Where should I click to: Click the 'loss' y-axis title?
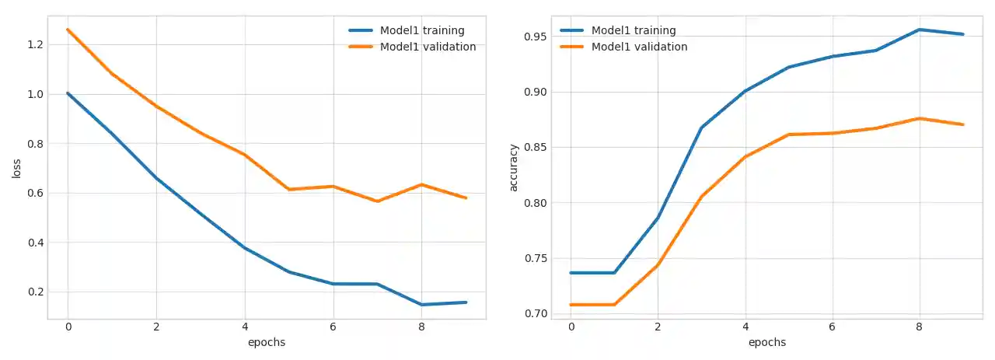click(x=16, y=168)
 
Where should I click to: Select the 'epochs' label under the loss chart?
click(x=267, y=342)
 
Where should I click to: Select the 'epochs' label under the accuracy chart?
click(x=767, y=342)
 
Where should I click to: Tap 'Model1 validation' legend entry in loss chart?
click(x=427, y=47)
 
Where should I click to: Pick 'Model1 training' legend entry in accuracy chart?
click(x=634, y=30)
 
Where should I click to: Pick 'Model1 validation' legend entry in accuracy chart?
click(x=639, y=47)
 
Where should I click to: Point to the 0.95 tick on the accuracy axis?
click(x=535, y=37)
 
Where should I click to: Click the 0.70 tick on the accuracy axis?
click(x=535, y=314)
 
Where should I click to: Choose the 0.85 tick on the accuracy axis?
click(x=535, y=148)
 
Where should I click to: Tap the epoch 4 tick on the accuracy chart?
click(x=745, y=327)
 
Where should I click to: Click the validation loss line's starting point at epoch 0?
click(x=68, y=30)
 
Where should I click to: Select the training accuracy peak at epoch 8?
click(x=920, y=30)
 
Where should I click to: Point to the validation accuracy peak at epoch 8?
click(x=920, y=118)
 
